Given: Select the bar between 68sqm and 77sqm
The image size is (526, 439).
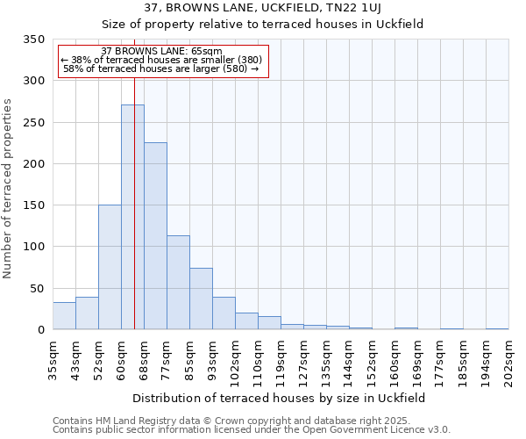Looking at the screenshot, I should click(x=155, y=236).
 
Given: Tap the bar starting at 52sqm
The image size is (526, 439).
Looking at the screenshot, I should click(x=110, y=267).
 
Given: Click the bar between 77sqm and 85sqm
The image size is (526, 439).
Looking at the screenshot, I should click(x=178, y=283).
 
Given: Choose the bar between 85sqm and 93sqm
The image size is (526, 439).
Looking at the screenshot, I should click(x=201, y=299).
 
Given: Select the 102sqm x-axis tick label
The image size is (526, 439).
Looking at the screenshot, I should click(x=235, y=359).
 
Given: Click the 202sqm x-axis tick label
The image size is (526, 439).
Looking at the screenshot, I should click(x=508, y=359).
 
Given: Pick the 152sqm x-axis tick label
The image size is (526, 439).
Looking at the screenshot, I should click(x=372, y=359).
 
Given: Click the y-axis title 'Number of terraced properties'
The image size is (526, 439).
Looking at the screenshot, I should click(x=8, y=189).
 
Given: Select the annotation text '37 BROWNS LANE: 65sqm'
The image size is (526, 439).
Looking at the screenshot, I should click(x=161, y=52).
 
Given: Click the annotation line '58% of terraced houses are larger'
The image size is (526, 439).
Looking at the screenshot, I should click(x=161, y=68).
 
